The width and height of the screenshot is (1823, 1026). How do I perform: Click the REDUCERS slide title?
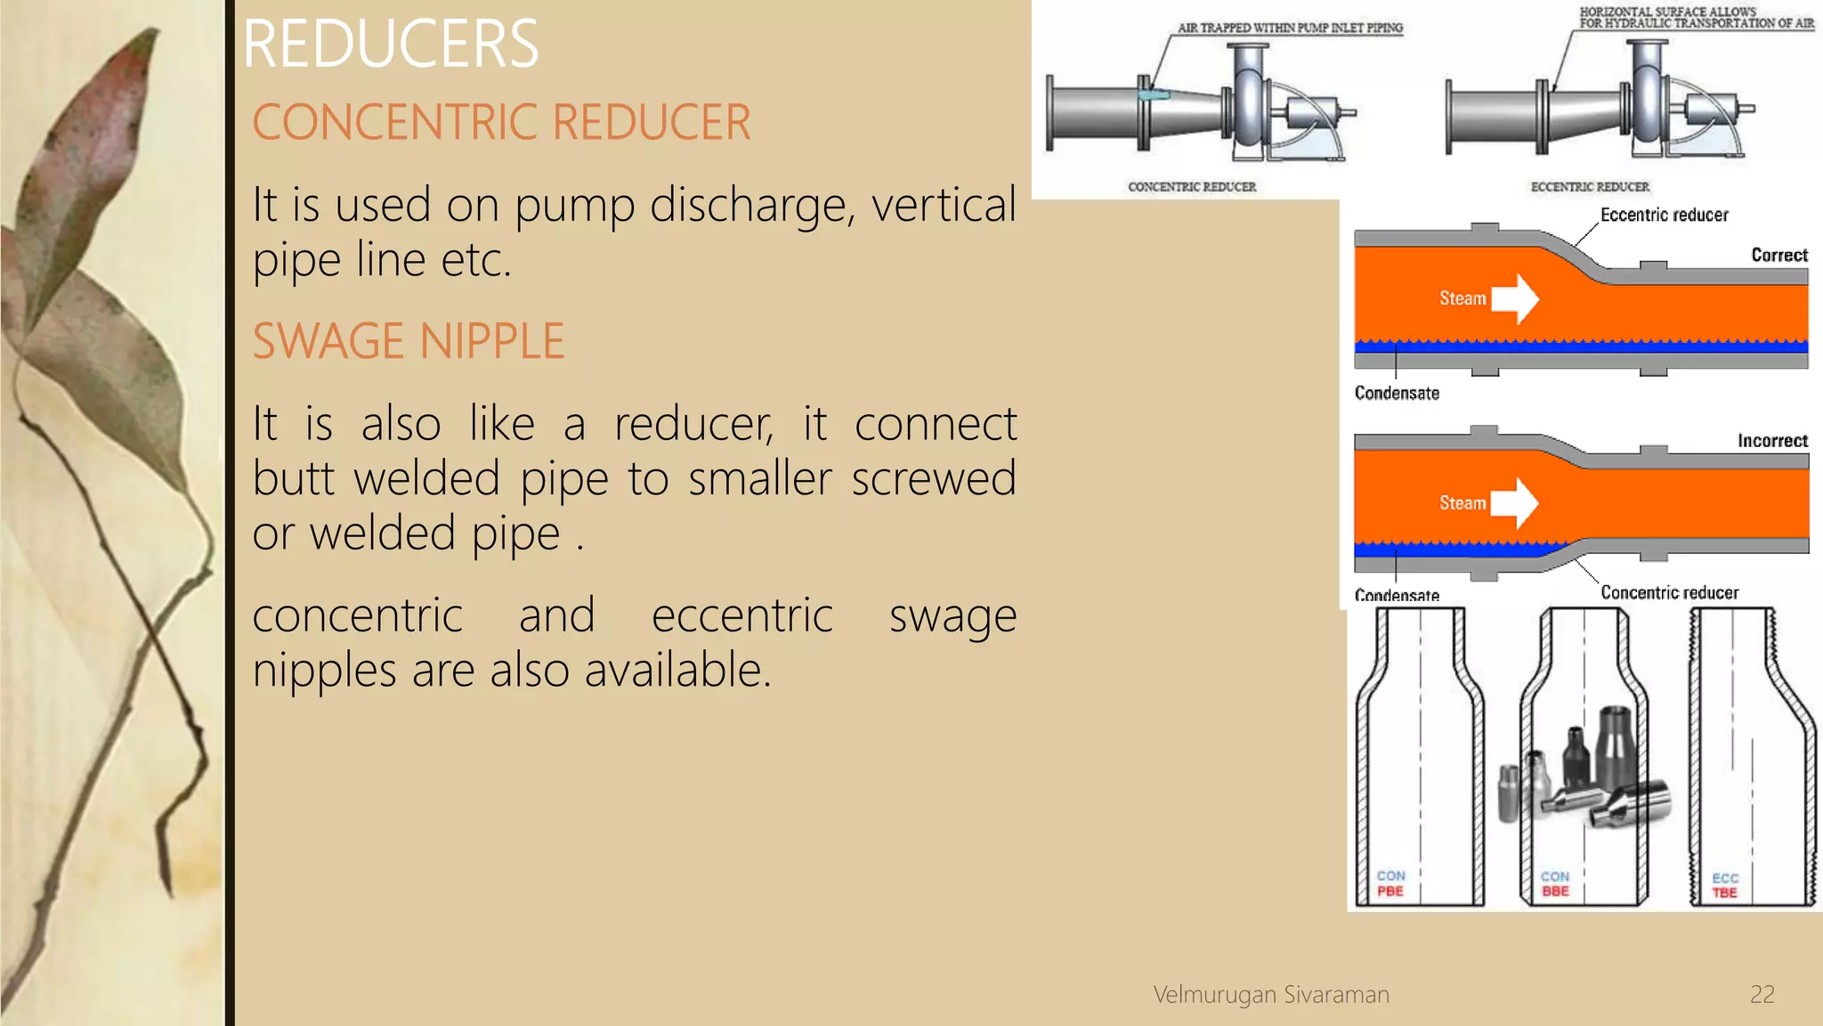pos(390,44)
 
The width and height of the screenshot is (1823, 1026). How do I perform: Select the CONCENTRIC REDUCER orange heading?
pos(501,122)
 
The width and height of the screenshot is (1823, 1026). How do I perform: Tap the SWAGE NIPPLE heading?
pos(408,341)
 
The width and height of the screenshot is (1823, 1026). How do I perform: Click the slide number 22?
pos(1762,994)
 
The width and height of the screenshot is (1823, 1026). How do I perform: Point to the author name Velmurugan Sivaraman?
pos(1270,994)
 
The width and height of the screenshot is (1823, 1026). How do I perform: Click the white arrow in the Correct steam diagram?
pos(1515,298)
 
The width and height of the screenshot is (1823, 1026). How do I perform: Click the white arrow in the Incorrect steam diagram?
pos(1514,503)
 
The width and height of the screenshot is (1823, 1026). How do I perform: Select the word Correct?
pos(1778,256)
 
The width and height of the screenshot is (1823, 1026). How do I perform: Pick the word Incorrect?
pos(1772,441)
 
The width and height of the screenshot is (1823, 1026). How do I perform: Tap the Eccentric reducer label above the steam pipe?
pos(1664,215)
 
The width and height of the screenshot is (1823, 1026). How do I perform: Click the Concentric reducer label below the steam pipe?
pos(1669,592)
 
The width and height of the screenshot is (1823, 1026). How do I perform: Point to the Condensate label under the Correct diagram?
pos(1397,393)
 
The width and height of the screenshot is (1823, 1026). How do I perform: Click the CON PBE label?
pos(1390,883)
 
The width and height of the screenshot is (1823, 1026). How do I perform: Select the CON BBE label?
pos(1555,883)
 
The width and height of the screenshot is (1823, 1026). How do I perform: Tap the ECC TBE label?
pos(1724,885)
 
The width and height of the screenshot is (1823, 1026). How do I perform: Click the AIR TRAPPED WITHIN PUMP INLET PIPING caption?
pos(1290,28)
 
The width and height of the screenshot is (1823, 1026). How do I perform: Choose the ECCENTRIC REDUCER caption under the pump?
pos(1590,187)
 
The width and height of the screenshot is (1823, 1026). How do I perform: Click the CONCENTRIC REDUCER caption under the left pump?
pos(1192,187)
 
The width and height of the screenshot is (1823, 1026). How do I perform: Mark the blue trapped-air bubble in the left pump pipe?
pos(1154,94)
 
